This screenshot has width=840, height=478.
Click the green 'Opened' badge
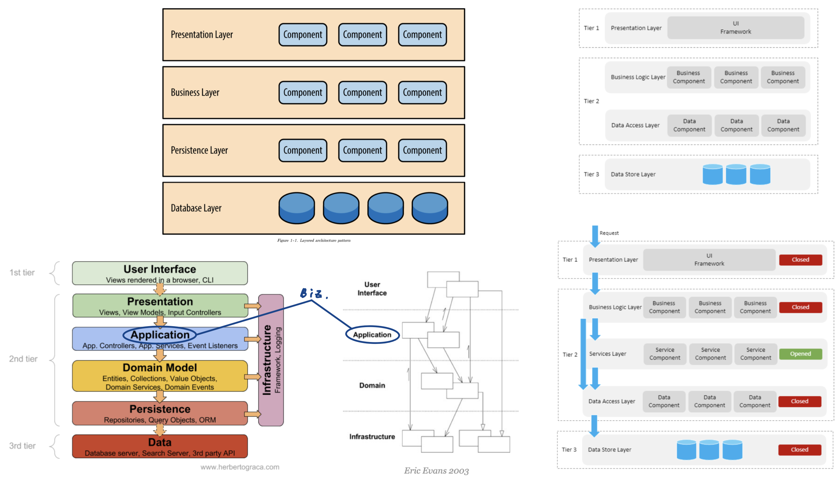(x=800, y=353)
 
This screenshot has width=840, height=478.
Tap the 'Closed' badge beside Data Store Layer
(x=799, y=449)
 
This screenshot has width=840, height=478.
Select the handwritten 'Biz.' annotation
(x=313, y=293)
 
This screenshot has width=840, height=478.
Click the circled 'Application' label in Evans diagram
(x=372, y=334)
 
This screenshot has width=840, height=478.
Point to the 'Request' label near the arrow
(x=609, y=233)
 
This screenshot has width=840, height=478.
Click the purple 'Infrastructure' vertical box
(x=271, y=360)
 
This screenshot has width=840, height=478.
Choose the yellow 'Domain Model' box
(x=160, y=376)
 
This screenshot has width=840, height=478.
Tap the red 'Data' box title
(x=160, y=442)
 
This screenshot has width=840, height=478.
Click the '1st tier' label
(x=22, y=273)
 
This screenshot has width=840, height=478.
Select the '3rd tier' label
(x=22, y=445)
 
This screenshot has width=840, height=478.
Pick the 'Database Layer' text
(x=196, y=208)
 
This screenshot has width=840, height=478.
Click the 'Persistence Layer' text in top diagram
(x=199, y=150)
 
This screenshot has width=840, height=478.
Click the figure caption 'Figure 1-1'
(x=314, y=240)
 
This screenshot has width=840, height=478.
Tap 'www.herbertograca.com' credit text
(x=240, y=467)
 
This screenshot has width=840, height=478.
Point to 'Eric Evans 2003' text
(x=436, y=470)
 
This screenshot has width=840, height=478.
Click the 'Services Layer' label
(x=608, y=353)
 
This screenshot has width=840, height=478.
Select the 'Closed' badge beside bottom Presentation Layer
(x=800, y=260)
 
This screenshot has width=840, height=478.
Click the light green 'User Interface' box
(x=160, y=273)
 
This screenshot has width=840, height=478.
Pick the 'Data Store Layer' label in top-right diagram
(x=633, y=174)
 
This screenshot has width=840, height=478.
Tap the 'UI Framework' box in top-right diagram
(x=735, y=28)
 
